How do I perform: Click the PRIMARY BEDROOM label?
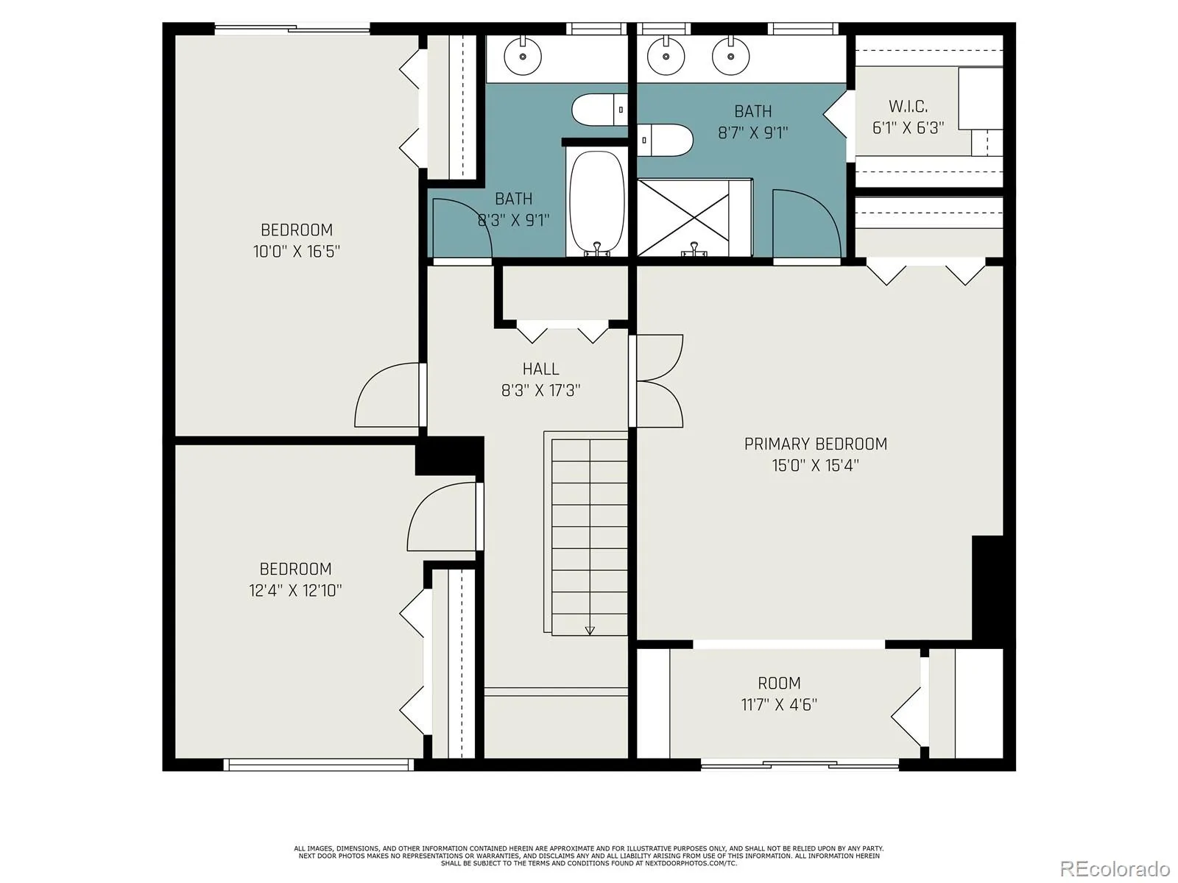(815, 444)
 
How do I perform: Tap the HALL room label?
(541, 369)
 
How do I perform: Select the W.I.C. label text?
(908, 106)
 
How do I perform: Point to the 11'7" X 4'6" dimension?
(779, 704)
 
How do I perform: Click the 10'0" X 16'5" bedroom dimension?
(296, 251)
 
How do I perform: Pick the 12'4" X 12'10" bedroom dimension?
(295, 590)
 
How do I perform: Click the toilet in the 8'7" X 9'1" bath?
(666, 140)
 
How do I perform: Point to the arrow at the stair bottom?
(590, 631)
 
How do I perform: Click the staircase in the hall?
(586, 533)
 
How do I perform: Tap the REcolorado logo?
(1115, 867)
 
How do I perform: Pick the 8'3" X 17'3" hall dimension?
(541, 390)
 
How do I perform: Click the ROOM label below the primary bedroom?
(779, 683)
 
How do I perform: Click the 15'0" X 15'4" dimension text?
(815, 465)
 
